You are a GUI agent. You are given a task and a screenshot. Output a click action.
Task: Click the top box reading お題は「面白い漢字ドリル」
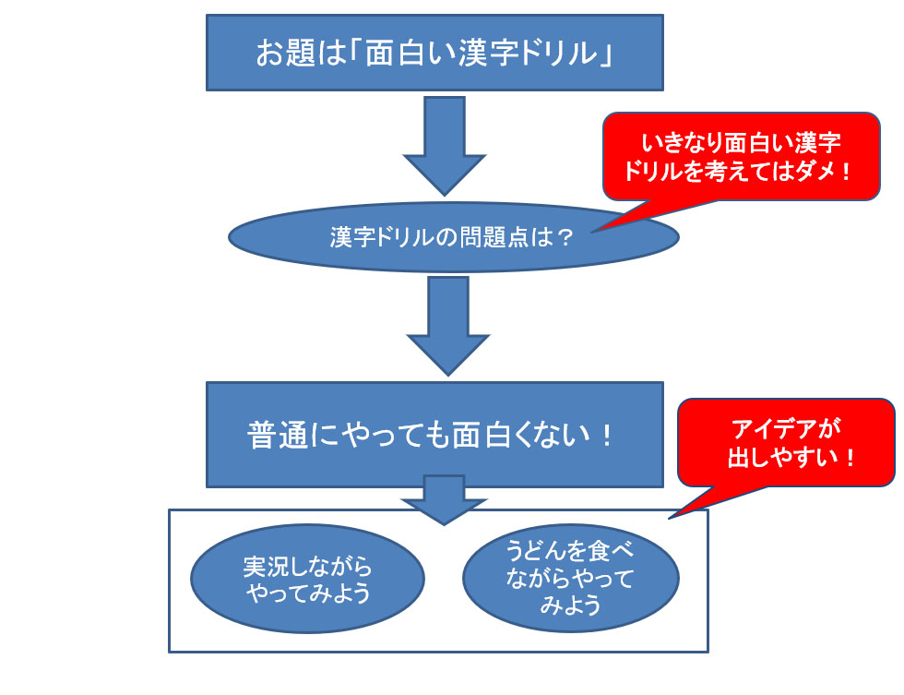tap(434, 53)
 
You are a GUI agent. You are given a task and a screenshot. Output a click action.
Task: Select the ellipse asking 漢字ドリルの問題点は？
tap(454, 237)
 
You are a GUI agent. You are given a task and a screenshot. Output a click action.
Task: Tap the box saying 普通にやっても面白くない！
tap(434, 435)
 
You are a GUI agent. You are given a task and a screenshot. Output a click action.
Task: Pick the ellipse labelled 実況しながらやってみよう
tap(307, 579)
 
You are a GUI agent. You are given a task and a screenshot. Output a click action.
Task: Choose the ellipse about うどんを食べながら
tap(571, 578)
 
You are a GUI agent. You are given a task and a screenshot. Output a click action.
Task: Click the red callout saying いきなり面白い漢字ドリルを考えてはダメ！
tap(741, 157)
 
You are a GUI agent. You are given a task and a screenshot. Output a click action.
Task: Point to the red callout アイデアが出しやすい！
tap(786, 443)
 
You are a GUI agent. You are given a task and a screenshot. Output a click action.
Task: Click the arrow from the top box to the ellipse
tap(445, 146)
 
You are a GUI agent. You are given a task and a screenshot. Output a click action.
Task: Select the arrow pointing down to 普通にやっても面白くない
tap(448, 326)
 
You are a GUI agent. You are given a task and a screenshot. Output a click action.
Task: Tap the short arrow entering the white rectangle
tap(444, 500)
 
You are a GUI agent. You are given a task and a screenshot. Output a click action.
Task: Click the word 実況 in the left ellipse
tap(265, 568)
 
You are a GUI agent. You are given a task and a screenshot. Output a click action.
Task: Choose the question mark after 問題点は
tap(565, 237)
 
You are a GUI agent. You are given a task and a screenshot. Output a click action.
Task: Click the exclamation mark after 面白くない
tap(606, 435)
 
